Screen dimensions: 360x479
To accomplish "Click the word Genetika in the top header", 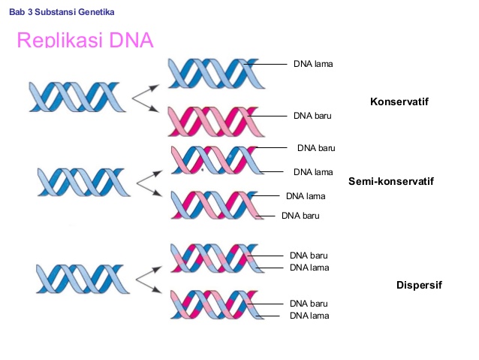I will tap(97, 13).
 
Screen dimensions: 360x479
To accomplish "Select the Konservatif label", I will tap(399, 101).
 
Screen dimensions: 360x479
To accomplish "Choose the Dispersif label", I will tap(419, 285).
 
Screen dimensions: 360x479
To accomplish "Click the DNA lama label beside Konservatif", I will tap(313, 64).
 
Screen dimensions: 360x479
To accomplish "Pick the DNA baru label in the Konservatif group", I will tap(312, 116).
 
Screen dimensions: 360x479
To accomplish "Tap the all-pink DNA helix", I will tap(213, 120).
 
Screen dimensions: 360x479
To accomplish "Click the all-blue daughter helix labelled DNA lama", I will tap(213, 73).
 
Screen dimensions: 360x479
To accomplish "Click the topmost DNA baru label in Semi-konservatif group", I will tap(316, 147).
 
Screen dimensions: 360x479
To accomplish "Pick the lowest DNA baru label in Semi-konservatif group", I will tap(300, 216).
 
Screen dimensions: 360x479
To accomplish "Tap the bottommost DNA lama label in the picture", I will tap(309, 315).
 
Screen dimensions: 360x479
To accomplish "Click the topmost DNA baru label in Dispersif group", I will tap(309, 256).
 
